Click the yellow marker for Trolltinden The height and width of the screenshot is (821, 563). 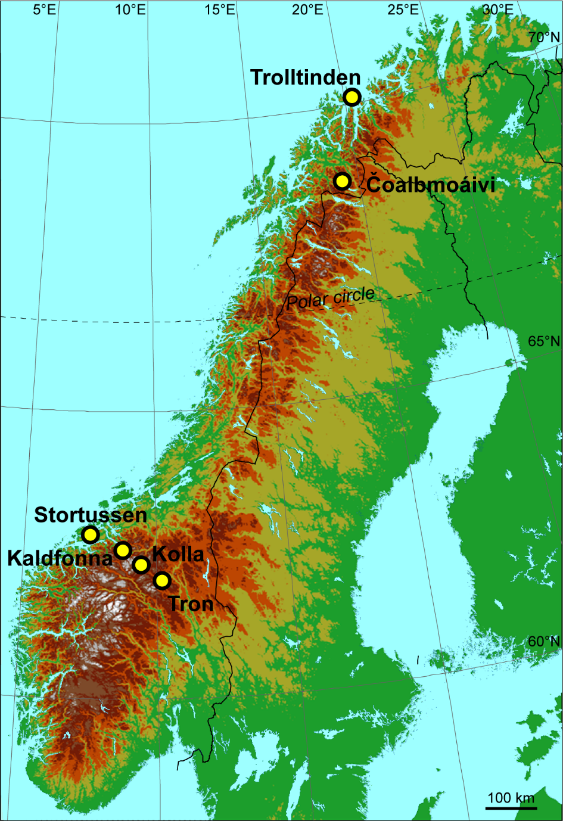pyautogui.click(x=352, y=97)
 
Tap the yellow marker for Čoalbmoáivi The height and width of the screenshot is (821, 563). pyautogui.click(x=342, y=181)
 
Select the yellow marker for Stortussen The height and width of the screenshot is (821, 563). pyautogui.click(x=90, y=534)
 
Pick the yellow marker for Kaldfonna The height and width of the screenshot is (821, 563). pyautogui.click(x=123, y=550)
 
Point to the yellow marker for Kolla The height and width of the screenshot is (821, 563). pyautogui.click(x=141, y=564)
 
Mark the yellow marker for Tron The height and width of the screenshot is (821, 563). pyautogui.click(x=161, y=580)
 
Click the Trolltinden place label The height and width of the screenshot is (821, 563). pyautogui.click(x=305, y=77)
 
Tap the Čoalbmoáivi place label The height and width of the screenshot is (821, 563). pyautogui.click(x=431, y=185)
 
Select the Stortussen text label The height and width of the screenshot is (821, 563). pyautogui.click(x=91, y=515)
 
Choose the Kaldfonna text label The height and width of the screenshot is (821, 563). pyautogui.click(x=60, y=558)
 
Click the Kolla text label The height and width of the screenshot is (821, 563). pyautogui.click(x=178, y=554)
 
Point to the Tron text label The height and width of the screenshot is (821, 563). pyautogui.click(x=191, y=604)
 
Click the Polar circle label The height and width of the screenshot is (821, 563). pyautogui.click(x=331, y=297)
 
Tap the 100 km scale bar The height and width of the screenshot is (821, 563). pyautogui.click(x=511, y=807)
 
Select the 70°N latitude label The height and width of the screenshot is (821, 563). pyautogui.click(x=544, y=38)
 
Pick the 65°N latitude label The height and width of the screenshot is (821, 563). pyautogui.click(x=544, y=342)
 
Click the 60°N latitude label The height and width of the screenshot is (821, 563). pyautogui.click(x=544, y=642)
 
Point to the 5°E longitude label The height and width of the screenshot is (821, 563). pyautogui.click(x=44, y=10)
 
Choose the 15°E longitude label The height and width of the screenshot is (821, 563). pyautogui.click(x=220, y=10)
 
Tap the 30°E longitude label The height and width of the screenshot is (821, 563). pyautogui.click(x=498, y=10)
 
